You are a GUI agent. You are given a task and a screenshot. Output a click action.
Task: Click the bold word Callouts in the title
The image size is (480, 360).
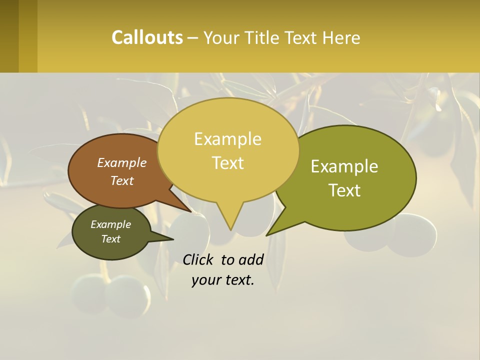pyautogui.click(x=147, y=37)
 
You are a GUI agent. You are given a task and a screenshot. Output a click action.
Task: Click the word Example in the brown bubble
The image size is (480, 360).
pyautogui.click(x=122, y=162)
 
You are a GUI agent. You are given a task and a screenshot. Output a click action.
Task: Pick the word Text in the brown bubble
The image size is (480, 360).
pyautogui.click(x=122, y=180)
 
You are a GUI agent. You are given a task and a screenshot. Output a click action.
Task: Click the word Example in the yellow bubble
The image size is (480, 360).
pyautogui.click(x=227, y=139)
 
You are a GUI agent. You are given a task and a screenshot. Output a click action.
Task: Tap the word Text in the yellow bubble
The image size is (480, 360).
pyautogui.click(x=228, y=163)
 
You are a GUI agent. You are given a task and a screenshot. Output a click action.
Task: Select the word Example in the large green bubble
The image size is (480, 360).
pyautogui.click(x=344, y=166)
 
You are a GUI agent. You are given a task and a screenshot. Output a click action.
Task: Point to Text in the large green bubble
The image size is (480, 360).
pyautogui.click(x=345, y=190)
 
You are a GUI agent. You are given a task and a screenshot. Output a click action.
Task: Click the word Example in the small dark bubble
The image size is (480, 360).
pyautogui.click(x=110, y=224)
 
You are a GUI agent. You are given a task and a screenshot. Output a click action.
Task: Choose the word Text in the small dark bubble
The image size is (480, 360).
pyautogui.click(x=110, y=239)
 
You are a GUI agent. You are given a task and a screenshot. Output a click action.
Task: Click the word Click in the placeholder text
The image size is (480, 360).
pyautogui.click(x=198, y=259)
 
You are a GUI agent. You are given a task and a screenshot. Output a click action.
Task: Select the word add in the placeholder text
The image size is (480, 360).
pyautogui.click(x=251, y=259)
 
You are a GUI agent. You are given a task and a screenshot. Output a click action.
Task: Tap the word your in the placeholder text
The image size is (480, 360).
pyautogui.click(x=205, y=280)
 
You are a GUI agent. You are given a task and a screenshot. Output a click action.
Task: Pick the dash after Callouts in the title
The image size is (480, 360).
pyautogui.click(x=193, y=37)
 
